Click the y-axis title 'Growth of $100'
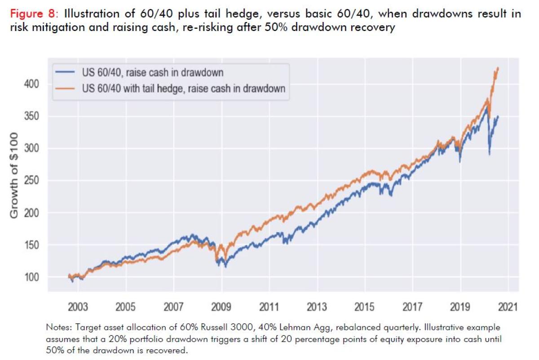tap(14, 175)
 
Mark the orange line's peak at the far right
tap(498, 68)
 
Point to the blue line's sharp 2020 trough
tap(489, 155)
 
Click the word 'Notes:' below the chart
tap(57, 327)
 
